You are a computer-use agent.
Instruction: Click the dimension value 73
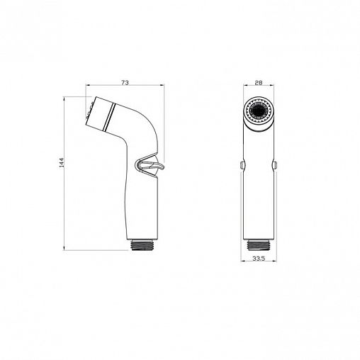tap(125, 83)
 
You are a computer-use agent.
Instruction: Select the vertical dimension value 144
tap(62, 162)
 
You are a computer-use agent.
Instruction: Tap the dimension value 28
tap(259, 83)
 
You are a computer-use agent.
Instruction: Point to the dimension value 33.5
tap(259, 259)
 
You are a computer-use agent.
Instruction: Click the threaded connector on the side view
tap(142, 246)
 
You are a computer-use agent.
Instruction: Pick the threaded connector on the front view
tap(259, 245)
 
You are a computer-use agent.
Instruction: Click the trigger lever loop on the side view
tap(150, 165)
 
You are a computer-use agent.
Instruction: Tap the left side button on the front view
tap(242, 165)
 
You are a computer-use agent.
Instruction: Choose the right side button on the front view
tap(275, 165)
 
